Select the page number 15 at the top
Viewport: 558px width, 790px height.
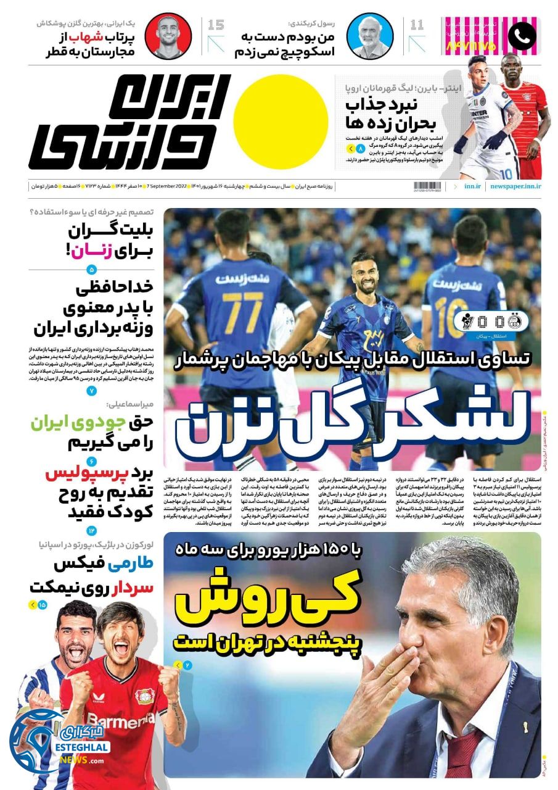216,25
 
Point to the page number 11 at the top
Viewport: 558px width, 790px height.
417,25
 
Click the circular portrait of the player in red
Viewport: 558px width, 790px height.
168,36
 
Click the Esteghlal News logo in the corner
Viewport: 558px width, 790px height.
59,741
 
